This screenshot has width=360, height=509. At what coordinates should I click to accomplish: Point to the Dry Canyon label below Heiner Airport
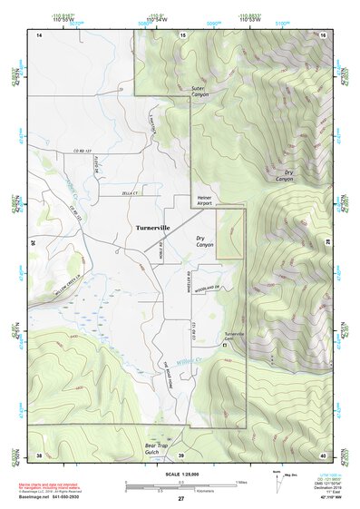tap(205, 242)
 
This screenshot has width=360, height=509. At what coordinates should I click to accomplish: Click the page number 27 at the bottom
tap(180, 499)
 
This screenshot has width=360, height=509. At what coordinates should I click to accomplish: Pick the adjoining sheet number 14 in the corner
tap(39, 34)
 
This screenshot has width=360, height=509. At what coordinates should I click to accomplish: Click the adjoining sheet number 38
tap(39, 455)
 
